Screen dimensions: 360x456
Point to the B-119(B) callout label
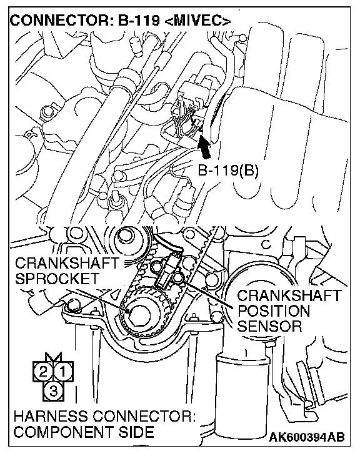point(229,171)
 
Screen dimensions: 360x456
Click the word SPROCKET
point(57,279)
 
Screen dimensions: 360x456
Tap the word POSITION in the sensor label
point(274,311)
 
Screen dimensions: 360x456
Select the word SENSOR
point(270,326)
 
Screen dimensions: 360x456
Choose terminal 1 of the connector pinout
point(63,372)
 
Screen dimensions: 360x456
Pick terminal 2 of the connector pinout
point(43,372)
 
